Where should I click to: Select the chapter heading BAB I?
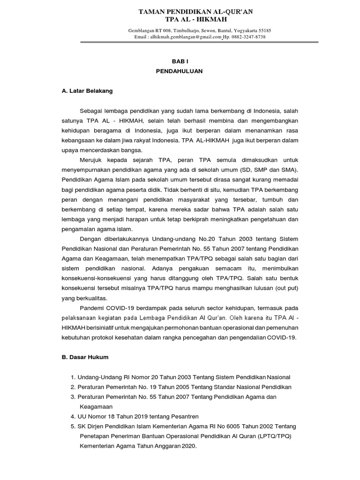coord(180,61)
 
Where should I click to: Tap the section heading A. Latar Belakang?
coord(87,91)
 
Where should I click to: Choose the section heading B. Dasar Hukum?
coord(85,357)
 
